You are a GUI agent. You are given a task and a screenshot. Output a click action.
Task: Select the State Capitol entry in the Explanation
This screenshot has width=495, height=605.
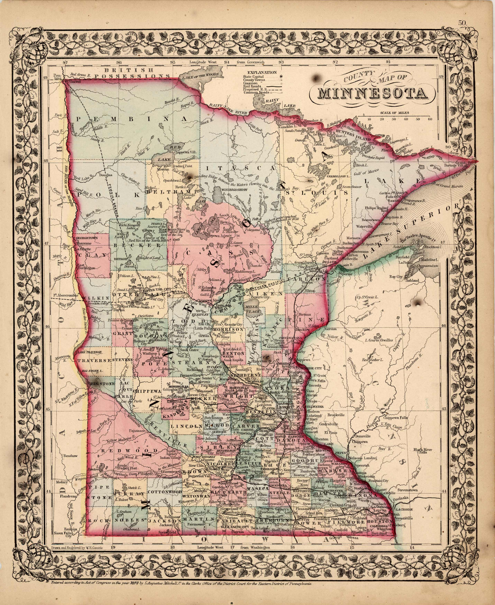coord(254,76)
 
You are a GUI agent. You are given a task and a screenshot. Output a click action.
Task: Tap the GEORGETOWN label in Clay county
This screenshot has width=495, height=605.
coord(87,238)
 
